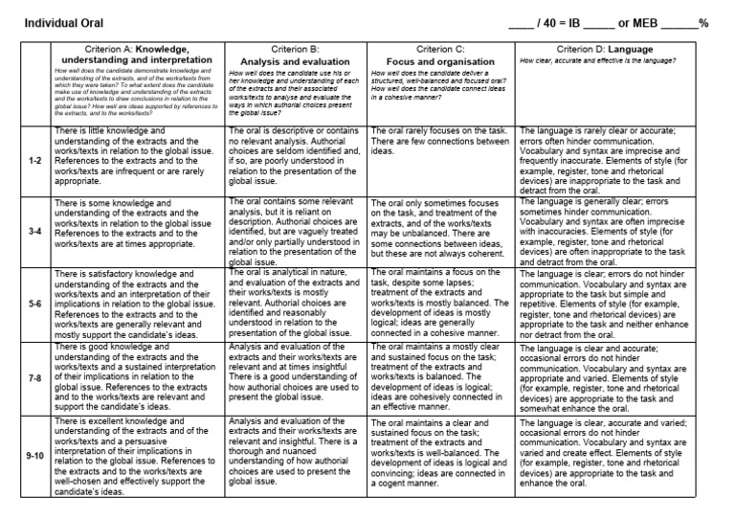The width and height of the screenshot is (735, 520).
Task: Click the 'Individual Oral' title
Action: click(x=64, y=22)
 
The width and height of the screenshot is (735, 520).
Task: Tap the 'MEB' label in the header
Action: click(x=638, y=22)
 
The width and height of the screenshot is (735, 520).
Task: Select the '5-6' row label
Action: click(x=34, y=305)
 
